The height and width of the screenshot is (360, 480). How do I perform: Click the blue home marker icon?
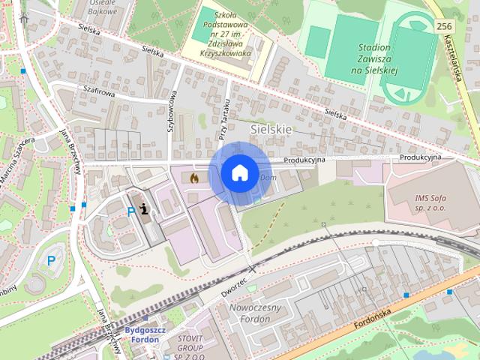pyautogui.click(x=239, y=172)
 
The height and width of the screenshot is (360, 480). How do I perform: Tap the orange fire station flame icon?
pyautogui.click(x=195, y=179)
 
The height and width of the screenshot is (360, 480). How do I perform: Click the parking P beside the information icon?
pyautogui.click(x=131, y=212)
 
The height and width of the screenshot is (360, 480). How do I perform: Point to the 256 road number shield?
pyautogui.click(x=443, y=26)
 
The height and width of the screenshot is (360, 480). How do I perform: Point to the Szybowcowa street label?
pyautogui.click(x=172, y=112)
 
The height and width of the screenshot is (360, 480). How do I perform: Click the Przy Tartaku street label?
pyautogui.click(x=223, y=120)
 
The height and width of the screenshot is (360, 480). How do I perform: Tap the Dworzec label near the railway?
pyautogui.click(x=235, y=286)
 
